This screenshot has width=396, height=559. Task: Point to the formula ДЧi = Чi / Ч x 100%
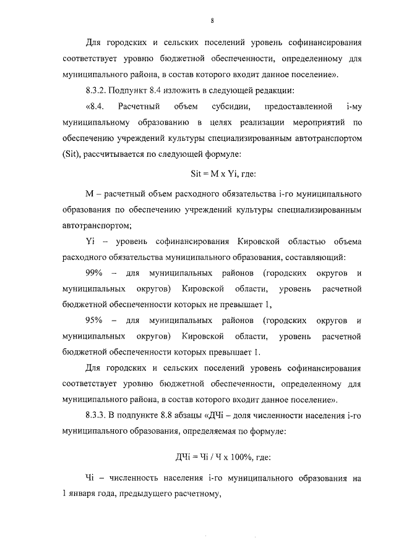pyautogui.click(x=213, y=458)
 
